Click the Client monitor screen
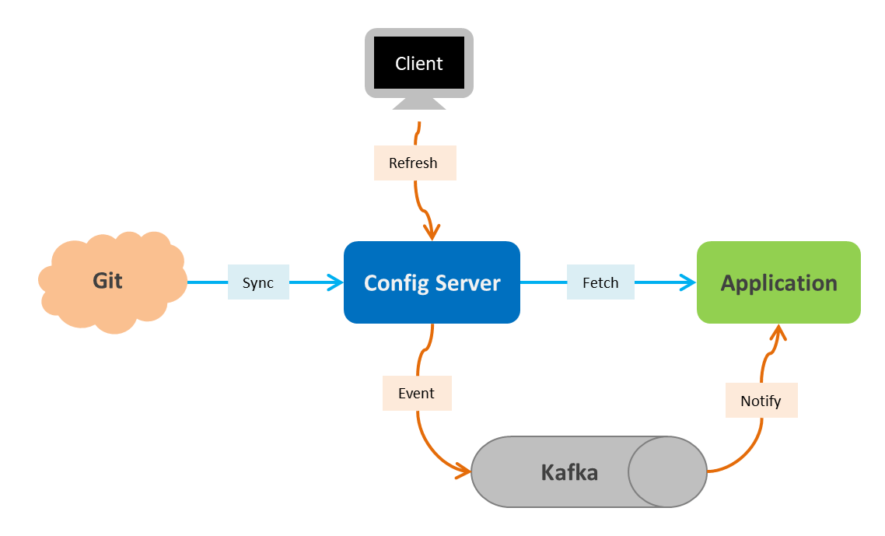[419, 63]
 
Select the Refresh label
[414, 163]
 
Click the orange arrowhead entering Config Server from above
[432, 231]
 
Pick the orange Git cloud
[113, 281]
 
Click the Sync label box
[258, 282]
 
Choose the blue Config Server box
[432, 282]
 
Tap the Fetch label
[600, 282]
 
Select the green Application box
[778, 282]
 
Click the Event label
[416, 393]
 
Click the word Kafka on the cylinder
[569, 472]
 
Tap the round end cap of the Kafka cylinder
[666, 471]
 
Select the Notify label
[761, 401]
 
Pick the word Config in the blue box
[395, 282]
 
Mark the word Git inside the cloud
[107, 280]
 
